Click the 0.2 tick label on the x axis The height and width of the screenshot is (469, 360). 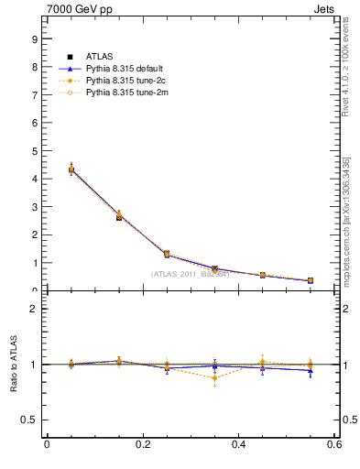142,445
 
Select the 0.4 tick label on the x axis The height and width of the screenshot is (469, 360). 238,445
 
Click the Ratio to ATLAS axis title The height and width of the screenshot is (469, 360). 12,365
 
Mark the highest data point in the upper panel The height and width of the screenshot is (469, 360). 46,169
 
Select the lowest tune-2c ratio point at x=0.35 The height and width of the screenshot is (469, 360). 214,377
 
